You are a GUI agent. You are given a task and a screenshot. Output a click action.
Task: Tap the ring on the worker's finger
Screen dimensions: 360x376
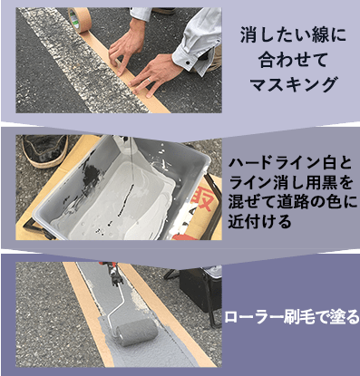click(x=149, y=80)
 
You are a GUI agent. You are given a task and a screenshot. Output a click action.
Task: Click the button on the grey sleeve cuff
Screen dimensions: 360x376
click(x=188, y=63)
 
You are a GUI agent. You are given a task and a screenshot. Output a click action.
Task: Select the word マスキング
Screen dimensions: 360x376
click(x=293, y=85)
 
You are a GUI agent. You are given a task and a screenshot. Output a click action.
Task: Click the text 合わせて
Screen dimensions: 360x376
click(x=293, y=60)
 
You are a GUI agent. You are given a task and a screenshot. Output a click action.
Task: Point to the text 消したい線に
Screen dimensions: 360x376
click(x=293, y=35)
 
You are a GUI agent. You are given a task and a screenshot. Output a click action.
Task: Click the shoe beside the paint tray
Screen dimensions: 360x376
click(x=45, y=149)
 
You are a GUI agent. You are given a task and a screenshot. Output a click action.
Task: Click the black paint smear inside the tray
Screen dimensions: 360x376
click(x=92, y=171)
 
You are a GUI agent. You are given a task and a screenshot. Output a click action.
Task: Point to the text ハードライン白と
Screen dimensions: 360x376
click(x=290, y=163)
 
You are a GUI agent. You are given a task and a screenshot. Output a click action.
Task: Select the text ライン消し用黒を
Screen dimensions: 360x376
click(x=290, y=183)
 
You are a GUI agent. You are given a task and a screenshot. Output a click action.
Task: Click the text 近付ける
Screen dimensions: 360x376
click(x=260, y=221)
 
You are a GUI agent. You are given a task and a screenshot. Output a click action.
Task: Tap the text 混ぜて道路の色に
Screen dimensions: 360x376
click(x=293, y=202)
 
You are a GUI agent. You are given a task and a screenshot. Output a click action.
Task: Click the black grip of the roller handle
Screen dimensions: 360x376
click(x=116, y=275)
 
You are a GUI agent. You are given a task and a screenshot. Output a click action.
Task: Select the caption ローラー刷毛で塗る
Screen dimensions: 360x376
click(x=292, y=318)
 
